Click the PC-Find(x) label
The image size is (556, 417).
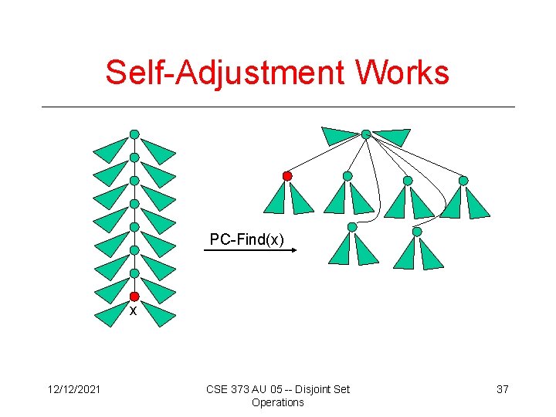(247, 240)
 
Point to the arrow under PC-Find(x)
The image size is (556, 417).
(251, 251)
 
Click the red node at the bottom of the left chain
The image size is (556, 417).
(134, 297)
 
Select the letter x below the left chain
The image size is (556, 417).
(133, 311)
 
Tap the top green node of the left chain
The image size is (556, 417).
(134, 134)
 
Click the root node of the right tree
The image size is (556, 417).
(366, 134)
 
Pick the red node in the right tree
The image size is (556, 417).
(287, 176)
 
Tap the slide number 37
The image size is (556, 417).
(502, 389)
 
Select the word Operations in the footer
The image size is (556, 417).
(278, 402)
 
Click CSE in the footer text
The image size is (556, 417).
(217, 389)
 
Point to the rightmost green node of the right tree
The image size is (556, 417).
(463, 181)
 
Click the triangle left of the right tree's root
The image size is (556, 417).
(340, 136)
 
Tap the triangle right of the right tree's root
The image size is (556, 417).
(392, 137)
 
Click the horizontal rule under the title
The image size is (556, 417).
(278, 107)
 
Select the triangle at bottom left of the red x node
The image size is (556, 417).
(111, 314)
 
